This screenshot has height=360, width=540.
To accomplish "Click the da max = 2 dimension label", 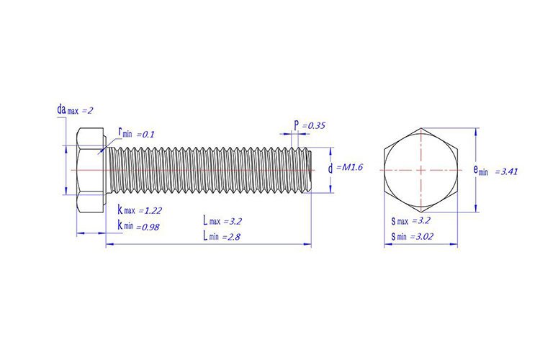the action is pyautogui.click(x=75, y=110).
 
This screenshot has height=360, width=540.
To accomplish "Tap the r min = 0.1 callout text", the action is pyautogui.click(x=136, y=132).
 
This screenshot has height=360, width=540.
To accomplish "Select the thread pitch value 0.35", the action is pyautogui.click(x=316, y=126).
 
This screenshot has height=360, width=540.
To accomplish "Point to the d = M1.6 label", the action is pyautogui.click(x=345, y=168).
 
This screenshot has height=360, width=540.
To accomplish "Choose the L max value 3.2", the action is pyautogui.click(x=235, y=221).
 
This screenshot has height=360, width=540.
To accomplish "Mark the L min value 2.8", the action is pyautogui.click(x=233, y=237).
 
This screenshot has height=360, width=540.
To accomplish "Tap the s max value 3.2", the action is pyautogui.click(x=423, y=220).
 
